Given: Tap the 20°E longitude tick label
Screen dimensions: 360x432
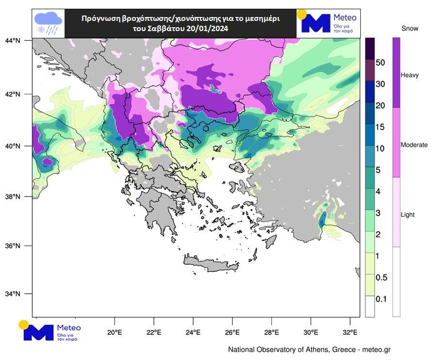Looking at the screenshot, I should coord(115,333).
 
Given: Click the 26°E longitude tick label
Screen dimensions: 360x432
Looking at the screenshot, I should coord(233,333).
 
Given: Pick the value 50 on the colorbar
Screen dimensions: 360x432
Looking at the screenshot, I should coord(381,63).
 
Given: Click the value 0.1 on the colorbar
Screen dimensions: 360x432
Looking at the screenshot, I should coord(382,299).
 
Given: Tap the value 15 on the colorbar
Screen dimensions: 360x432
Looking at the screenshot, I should coord(380,127).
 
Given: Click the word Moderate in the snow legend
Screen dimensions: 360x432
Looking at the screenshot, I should coord(414,145).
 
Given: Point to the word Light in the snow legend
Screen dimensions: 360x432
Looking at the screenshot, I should coord(408,214).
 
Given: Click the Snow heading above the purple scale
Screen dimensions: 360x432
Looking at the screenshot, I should coord(410,29).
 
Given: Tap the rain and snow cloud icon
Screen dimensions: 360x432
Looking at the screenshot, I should coord(48,23).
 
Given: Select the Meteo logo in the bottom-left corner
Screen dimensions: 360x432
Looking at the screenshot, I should coord(51,331).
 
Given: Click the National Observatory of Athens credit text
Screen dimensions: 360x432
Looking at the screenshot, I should coord(309,350).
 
